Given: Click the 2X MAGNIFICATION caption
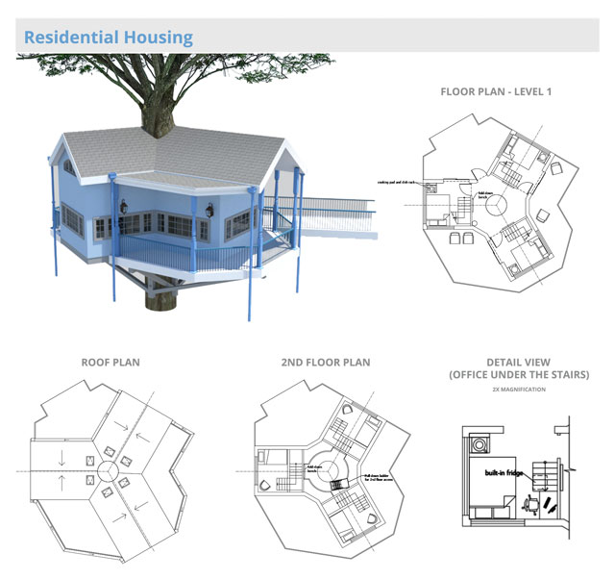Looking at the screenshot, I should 518,390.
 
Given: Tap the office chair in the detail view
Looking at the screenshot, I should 529,502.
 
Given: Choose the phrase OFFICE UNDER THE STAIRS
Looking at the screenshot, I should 518,374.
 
